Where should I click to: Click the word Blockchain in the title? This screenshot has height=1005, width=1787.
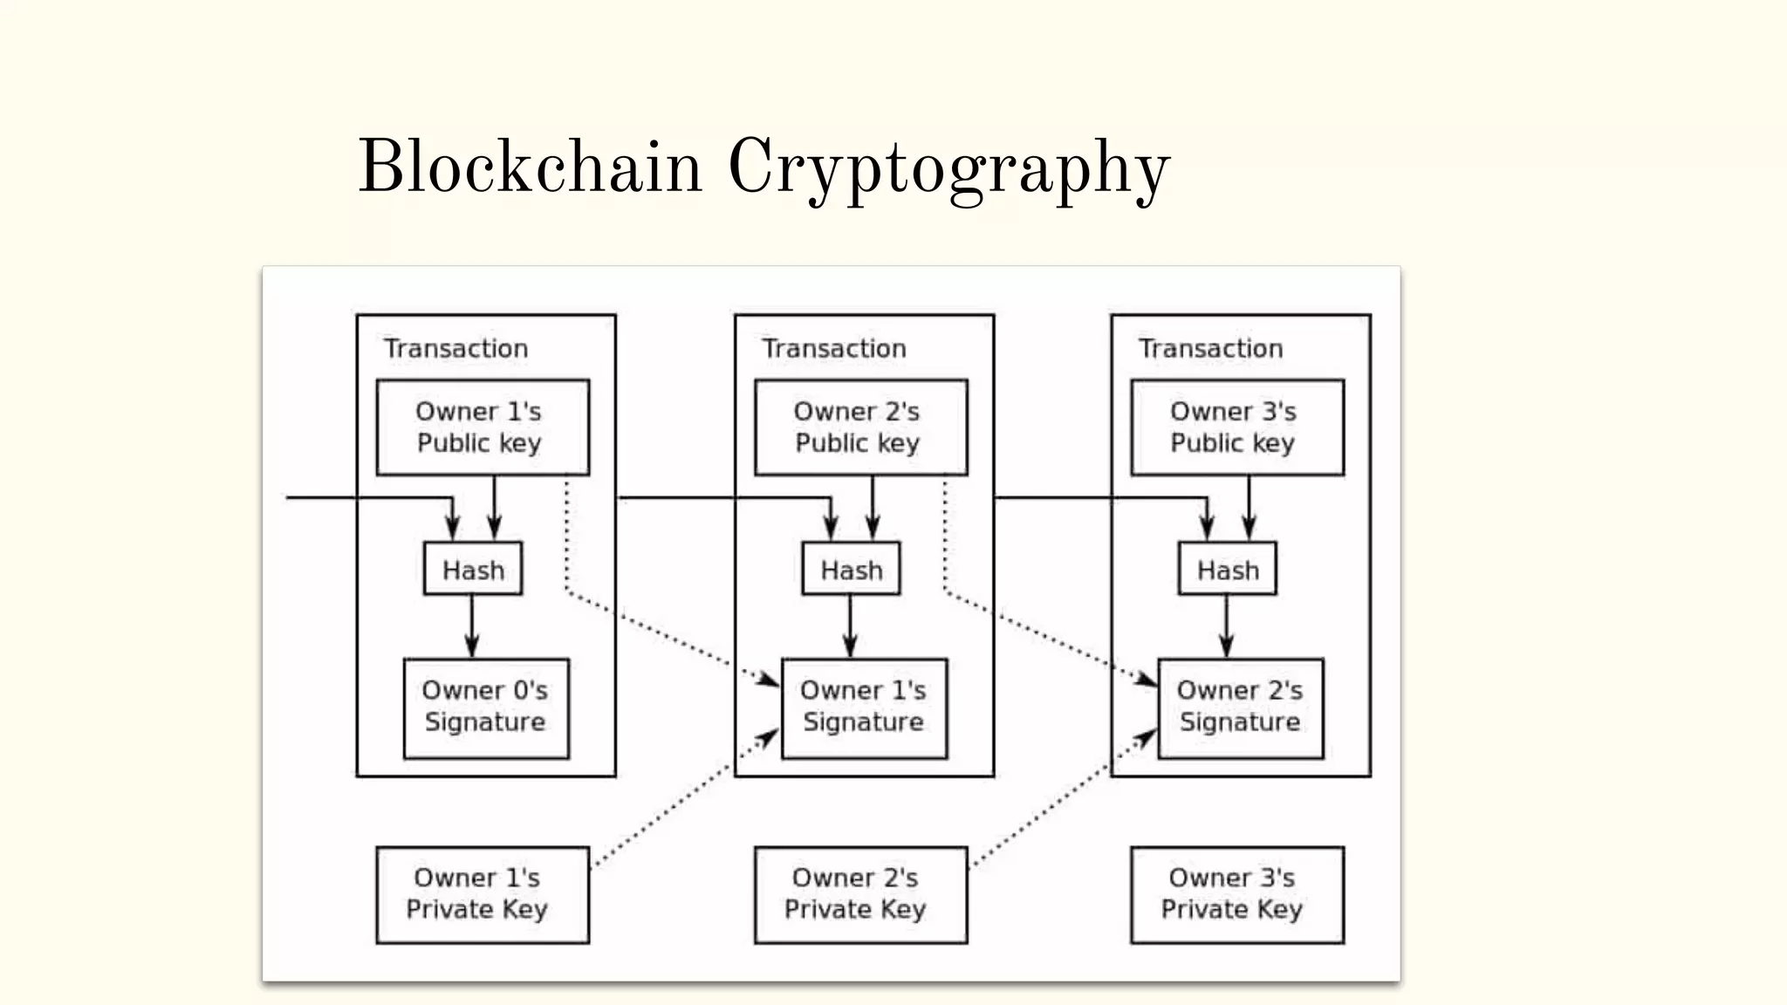tap(530, 167)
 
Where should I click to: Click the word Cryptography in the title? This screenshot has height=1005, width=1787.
tap(948, 170)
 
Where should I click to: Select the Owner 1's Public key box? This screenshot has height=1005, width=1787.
tap(483, 427)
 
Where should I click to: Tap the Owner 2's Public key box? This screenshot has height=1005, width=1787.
tap(860, 427)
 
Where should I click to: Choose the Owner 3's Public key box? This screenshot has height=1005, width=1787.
tap(1236, 427)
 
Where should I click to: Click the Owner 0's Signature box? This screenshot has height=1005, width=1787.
tap(486, 708)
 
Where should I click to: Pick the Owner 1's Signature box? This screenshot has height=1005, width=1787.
tap(864, 708)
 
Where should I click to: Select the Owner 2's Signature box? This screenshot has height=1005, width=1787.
tap(1240, 708)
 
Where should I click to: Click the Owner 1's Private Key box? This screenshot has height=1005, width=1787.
tap(483, 894)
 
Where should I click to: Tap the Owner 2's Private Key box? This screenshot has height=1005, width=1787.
tap(860, 894)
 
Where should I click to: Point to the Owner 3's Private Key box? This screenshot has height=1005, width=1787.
tap(1236, 894)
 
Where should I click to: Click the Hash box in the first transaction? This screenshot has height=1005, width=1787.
tap(473, 569)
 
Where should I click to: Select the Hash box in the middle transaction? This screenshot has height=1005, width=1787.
tap(851, 569)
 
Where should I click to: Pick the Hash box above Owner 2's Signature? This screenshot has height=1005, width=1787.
tap(1227, 569)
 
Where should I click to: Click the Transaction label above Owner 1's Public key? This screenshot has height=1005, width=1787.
tap(455, 348)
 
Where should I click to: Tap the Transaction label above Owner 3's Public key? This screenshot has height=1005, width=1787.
tap(1210, 348)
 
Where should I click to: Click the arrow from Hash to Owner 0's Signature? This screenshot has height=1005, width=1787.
tap(472, 626)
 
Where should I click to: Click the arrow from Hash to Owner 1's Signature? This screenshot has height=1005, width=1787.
tap(850, 626)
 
